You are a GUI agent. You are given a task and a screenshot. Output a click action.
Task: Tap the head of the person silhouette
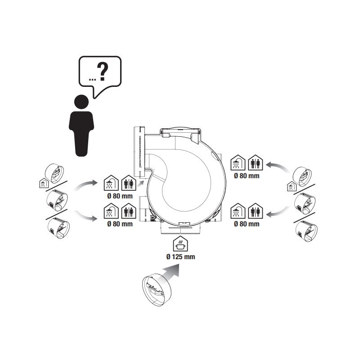pos(81,102)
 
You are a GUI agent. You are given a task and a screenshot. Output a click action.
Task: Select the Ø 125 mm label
pos(181,256)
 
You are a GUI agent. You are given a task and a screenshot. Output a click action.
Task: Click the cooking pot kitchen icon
pos(180,243)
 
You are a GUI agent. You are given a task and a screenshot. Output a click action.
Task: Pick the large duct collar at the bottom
pos(157,290)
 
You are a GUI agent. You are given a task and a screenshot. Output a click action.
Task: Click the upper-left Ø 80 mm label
pos(120,196)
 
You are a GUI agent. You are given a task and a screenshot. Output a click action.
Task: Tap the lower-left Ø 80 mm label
pos(120,224)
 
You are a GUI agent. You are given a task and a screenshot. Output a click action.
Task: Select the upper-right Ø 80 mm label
pos(247,176)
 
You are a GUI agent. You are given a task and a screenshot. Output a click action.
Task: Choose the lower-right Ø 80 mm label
pos(247,224)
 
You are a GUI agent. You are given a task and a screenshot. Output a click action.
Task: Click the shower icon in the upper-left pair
pos(111,183)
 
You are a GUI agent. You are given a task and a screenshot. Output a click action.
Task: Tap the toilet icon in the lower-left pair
pos(129,211)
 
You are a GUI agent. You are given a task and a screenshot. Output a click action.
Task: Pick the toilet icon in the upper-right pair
pos(255,162)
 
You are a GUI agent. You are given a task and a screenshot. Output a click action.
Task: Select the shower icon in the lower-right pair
pos(238,211)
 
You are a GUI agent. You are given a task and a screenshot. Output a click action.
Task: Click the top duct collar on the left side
pos(54,173)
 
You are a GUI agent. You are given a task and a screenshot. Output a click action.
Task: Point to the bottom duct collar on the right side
pos(306,231)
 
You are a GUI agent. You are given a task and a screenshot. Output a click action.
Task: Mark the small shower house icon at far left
pos(43,183)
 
